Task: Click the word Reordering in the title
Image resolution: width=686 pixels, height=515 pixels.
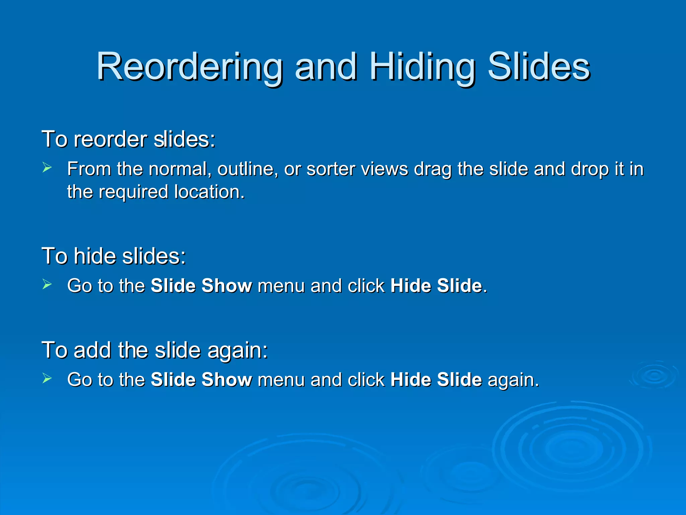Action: coord(189,67)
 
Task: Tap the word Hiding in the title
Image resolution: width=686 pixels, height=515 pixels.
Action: coord(422,67)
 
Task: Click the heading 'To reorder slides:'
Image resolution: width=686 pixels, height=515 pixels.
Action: coord(128,139)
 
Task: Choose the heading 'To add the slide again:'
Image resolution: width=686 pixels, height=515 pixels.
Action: coord(154,350)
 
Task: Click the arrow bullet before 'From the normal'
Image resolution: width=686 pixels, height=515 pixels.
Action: coord(47,167)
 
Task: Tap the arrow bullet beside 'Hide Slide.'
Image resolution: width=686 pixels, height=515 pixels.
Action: coord(47,284)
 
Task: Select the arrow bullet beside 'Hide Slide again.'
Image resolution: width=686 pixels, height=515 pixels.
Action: coord(47,379)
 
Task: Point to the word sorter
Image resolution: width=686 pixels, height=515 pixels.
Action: coord(331,169)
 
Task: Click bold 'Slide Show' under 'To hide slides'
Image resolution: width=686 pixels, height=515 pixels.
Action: coord(201,286)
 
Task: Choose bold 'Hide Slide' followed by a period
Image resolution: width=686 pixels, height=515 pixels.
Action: coord(436,286)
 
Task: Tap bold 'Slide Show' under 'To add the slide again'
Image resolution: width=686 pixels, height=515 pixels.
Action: coord(201,380)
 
